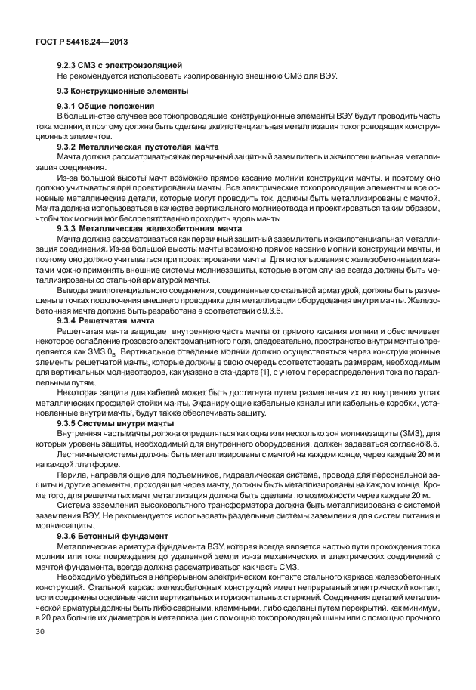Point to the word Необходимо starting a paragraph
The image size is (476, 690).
pyautogui.click(x=81, y=577)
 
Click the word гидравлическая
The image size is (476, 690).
pyautogui.click(x=235, y=469)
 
